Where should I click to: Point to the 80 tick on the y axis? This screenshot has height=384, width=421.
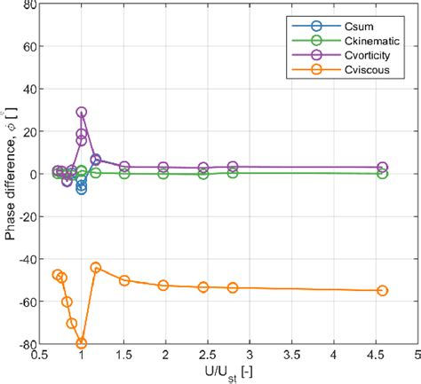(x=29, y=4)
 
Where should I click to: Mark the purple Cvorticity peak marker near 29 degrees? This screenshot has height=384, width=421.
(x=82, y=113)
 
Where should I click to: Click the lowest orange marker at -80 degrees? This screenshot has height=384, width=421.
(x=82, y=343)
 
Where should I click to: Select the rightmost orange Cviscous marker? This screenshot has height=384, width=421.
(x=382, y=290)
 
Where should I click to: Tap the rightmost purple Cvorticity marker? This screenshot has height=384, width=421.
(x=382, y=168)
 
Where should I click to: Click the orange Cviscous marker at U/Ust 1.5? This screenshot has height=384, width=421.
(x=124, y=280)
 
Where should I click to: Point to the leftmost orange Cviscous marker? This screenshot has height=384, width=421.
(x=58, y=275)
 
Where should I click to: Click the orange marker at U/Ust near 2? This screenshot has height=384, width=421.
(x=163, y=286)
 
